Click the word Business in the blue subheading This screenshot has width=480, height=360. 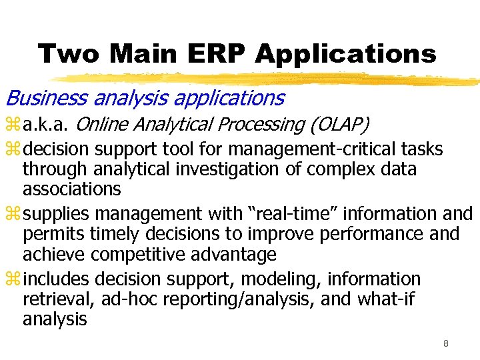tap(46, 99)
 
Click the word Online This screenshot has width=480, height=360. tap(103, 125)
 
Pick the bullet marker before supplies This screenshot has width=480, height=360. tap(13, 214)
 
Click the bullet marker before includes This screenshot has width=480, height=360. tap(13, 279)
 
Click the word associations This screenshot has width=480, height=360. tap(71, 189)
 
